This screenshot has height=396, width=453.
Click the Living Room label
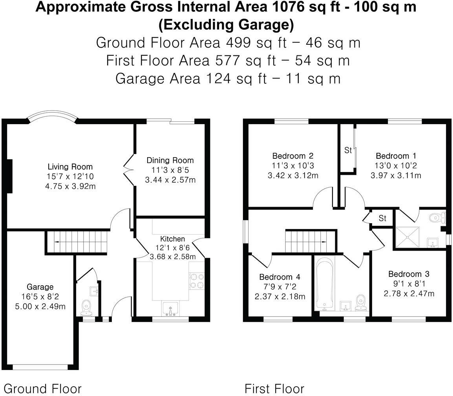pyautogui.click(x=70, y=167)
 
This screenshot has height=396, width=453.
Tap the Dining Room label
pyautogui.click(x=170, y=160)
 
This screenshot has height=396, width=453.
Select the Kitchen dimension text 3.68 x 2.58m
pyautogui.click(x=173, y=257)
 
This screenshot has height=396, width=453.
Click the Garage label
pyautogui.click(x=40, y=287)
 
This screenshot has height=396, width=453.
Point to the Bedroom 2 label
pyautogui.click(x=293, y=156)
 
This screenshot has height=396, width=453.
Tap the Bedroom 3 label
pyautogui.click(x=409, y=274)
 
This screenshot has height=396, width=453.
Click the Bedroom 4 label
pyautogui.click(x=279, y=277)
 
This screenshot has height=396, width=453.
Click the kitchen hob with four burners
pyautogui.click(x=197, y=280)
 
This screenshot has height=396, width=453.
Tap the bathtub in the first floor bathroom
pyautogui.click(x=325, y=283)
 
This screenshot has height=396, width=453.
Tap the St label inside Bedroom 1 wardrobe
pyautogui.click(x=348, y=150)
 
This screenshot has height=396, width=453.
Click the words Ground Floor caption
pyautogui.click(x=42, y=389)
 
